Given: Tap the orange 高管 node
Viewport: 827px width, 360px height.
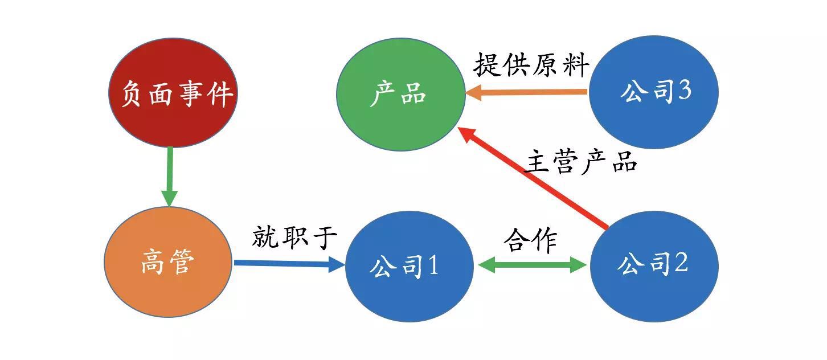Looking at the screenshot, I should (x=168, y=262).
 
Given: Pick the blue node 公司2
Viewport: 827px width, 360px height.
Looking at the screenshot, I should (x=654, y=265).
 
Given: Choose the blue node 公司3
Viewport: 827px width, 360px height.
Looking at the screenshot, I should (x=654, y=92).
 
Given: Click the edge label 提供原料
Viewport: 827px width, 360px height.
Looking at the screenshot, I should (x=531, y=65).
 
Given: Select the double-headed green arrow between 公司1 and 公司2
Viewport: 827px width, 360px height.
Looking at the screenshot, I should (x=533, y=265).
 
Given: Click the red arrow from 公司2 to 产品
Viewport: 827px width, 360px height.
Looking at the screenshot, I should (x=535, y=179).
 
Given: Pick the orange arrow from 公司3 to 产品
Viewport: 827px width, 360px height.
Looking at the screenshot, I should (x=527, y=92).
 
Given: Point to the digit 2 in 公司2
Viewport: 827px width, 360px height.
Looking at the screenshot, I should (x=681, y=264).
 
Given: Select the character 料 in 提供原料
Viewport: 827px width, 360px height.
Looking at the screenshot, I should (x=575, y=66).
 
